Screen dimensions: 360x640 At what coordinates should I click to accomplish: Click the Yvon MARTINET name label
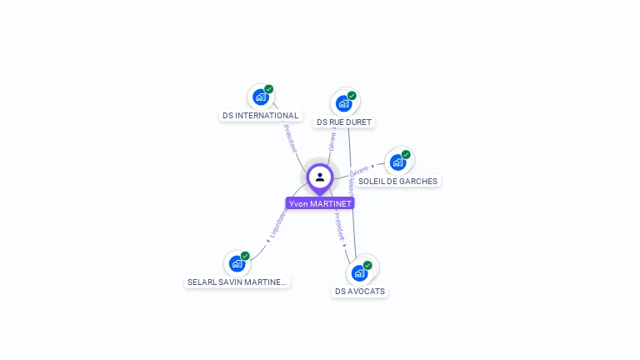pos(320,203)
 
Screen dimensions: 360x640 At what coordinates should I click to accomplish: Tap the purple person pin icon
pos(320,177)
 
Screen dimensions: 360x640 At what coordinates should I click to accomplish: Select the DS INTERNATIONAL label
pos(261,116)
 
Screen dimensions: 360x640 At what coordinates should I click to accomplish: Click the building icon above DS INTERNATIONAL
pos(260,97)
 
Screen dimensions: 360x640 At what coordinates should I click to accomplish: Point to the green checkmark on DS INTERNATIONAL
pos(269,89)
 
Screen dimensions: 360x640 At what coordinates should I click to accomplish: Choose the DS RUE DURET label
pos(344,122)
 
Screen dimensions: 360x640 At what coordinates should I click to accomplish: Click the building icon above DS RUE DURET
pos(342,104)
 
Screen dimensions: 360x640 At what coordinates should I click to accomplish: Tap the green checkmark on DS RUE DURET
pos(352,96)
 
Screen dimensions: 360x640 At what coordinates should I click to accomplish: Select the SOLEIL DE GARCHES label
pos(398,181)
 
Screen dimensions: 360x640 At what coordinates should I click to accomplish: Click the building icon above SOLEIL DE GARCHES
pos(397,162)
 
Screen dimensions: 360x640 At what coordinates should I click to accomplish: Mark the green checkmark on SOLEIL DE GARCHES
pos(406,154)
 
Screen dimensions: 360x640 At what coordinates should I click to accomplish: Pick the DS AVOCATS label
pos(360,292)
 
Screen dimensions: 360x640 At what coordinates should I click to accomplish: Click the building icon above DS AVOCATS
pos(359,273)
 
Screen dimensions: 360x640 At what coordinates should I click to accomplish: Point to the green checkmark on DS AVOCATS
pos(367,265)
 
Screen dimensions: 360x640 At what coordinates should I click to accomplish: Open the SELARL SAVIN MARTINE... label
pos(237,282)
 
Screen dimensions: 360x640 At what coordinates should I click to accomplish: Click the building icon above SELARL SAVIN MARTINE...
pos(237,264)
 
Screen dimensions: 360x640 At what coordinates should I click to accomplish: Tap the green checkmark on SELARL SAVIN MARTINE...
pos(245,256)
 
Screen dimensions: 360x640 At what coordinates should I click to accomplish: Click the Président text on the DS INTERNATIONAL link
pos(291,138)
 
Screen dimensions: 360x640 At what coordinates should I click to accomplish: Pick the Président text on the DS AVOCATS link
pos(340,227)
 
